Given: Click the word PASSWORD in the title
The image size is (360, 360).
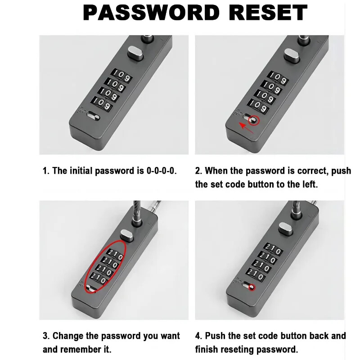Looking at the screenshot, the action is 151,13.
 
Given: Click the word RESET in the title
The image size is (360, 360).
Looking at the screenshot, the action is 268,13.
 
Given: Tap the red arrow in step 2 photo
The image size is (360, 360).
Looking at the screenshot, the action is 246,128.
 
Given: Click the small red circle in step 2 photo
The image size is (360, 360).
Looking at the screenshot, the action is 254,120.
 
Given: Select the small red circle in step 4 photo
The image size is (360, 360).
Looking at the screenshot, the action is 252,287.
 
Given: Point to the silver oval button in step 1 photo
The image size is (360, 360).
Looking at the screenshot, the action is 135,53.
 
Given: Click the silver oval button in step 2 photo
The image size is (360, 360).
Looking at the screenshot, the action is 292,56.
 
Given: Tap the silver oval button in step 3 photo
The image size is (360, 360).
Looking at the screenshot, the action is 127,235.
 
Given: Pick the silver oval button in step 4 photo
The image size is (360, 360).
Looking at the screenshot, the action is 286,229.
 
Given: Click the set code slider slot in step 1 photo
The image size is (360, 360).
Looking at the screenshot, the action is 94,116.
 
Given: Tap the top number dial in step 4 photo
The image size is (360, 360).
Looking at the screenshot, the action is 273,249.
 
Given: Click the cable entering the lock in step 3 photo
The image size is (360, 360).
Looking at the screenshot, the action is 137,211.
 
